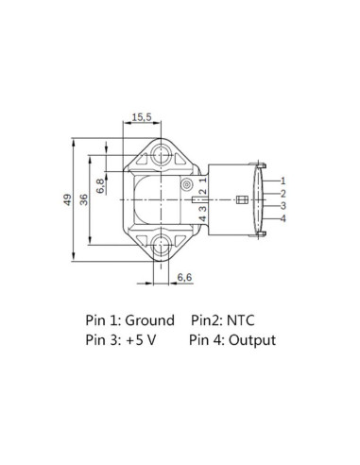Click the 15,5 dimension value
point(142,116)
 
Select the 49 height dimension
point(65,199)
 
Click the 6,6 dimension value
point(185,277)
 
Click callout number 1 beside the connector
point(283,180)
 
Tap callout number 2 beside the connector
point(283,193)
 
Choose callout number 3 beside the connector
point(283,206)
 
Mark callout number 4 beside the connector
point(283,219)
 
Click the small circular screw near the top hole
point(188,183)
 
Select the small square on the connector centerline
point(241,199)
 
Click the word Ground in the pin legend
point(149,321)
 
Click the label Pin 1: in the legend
point(102,321)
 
